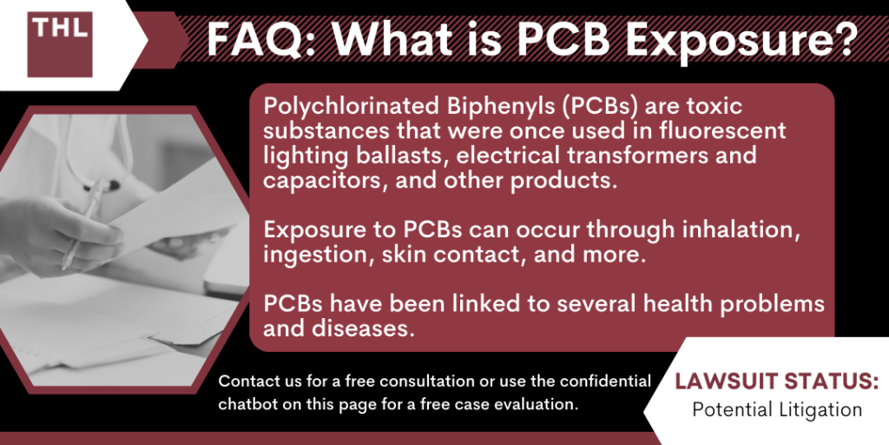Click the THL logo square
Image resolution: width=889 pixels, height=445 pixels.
[60, 44]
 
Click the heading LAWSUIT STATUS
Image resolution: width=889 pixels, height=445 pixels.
[776, 383]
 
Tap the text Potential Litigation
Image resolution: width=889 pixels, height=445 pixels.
[776, 409]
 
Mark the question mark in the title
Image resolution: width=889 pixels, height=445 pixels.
[841, 40]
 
